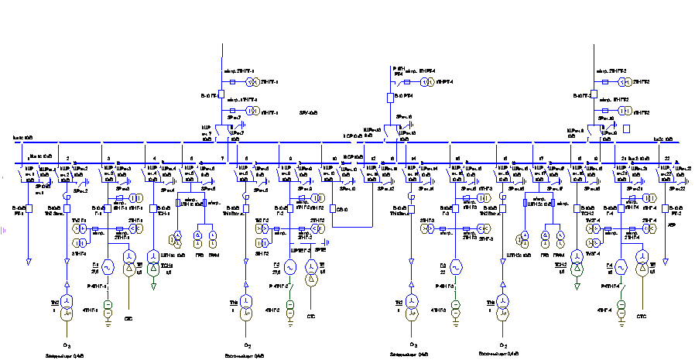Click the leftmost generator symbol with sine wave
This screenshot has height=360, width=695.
coord(108,267)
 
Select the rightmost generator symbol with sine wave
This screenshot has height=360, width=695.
coord(621,267)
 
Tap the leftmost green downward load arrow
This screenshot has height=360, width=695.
coord(153,286)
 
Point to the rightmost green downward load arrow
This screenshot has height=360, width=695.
coord(577,286)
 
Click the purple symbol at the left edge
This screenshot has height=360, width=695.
coord(3,230)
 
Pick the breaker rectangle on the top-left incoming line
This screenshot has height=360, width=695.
coord(221,94)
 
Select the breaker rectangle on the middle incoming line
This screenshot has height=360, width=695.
coord(391,98)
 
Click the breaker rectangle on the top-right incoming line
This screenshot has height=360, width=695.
coord(594,94)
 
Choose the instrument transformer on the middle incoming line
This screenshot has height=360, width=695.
coord(426,81)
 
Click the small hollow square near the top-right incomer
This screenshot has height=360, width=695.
coord(627,129)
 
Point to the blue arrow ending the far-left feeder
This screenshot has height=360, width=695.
coord(29,263)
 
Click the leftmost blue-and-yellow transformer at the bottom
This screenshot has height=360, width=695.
coord(67,307)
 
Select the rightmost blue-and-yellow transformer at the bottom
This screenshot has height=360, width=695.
coord(503,307)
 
